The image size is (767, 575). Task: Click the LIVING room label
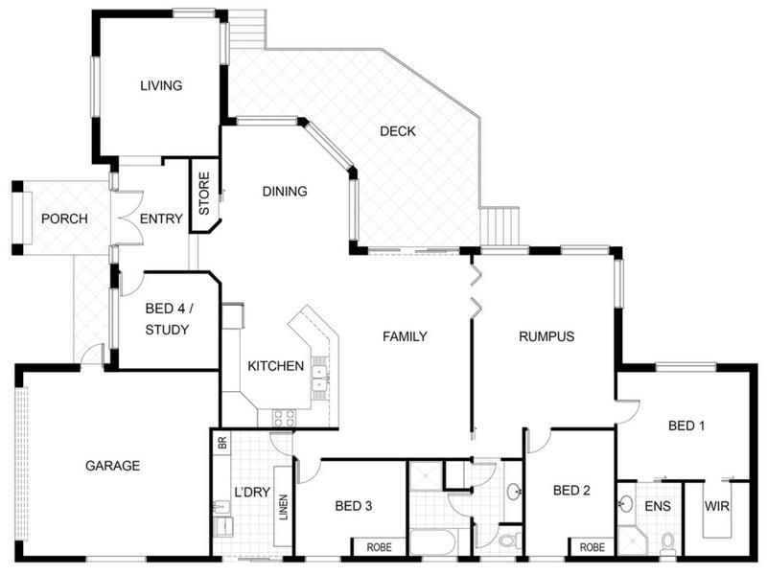tap(161, 85)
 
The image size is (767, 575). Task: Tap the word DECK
tap(398, 131)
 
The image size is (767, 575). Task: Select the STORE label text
tap(204, 194)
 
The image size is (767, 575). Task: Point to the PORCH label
tap(64, 218)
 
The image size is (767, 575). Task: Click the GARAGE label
tap(112, 466)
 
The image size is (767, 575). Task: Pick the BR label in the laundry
tap(222, 443)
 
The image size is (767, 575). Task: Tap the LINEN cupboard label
tap(284, 507)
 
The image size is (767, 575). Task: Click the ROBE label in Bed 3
tap(379, 547)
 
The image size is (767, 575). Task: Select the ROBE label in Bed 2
tap(592, 547)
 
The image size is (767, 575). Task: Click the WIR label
tap(716, 506)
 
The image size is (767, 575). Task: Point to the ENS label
tap(658, 506)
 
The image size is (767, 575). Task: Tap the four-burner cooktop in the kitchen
tap(284, 418)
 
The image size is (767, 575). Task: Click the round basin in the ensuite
tap(625, 503)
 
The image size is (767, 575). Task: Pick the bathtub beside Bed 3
tap(433, 541)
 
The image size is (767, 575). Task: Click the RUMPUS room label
tap(546, 336)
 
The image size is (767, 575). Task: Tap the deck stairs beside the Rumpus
tap(499, 226)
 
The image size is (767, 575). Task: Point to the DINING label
tap(285, 191)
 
